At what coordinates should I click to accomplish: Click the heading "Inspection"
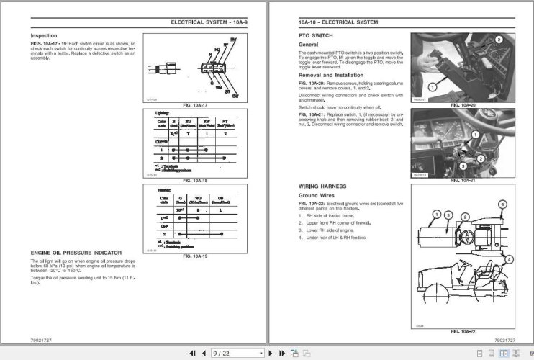pos(44,35)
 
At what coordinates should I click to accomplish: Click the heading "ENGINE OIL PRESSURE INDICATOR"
pos(76,253)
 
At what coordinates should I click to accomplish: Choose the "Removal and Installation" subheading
pos(333,74)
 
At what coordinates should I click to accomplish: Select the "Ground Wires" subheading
pos(320,195)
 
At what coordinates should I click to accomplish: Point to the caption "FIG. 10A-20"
pos(463,105)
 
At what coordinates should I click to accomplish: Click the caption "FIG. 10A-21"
pos(463,180)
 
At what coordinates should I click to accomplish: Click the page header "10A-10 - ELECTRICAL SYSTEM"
pos(338,22)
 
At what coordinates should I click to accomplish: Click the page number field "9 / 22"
pos(235,354)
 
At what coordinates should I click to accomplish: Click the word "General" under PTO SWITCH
pos(310,45)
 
